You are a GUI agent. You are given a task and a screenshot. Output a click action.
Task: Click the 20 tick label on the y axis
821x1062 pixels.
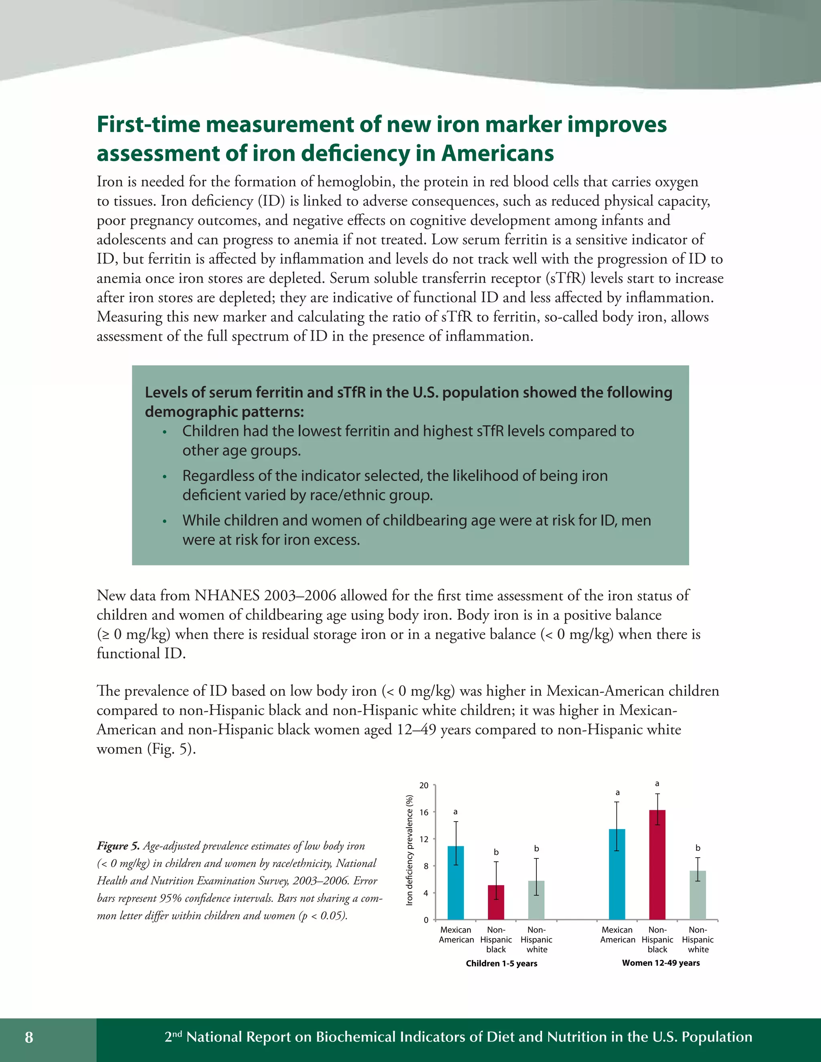[424, 785]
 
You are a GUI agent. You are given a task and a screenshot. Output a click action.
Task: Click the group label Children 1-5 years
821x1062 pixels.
[501, 963]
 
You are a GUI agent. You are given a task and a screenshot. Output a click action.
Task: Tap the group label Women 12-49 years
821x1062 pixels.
[661, 963]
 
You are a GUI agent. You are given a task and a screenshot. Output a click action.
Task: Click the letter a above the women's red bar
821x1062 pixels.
[657, 783]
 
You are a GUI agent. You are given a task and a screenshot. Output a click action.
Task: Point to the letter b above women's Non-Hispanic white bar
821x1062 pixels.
[698, 848]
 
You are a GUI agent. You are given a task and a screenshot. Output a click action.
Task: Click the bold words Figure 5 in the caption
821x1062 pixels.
[118, 846]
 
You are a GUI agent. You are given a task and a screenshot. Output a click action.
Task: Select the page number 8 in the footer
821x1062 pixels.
[29, 1037]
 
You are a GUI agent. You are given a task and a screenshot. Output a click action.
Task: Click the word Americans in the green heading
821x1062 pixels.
[497, 153]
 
